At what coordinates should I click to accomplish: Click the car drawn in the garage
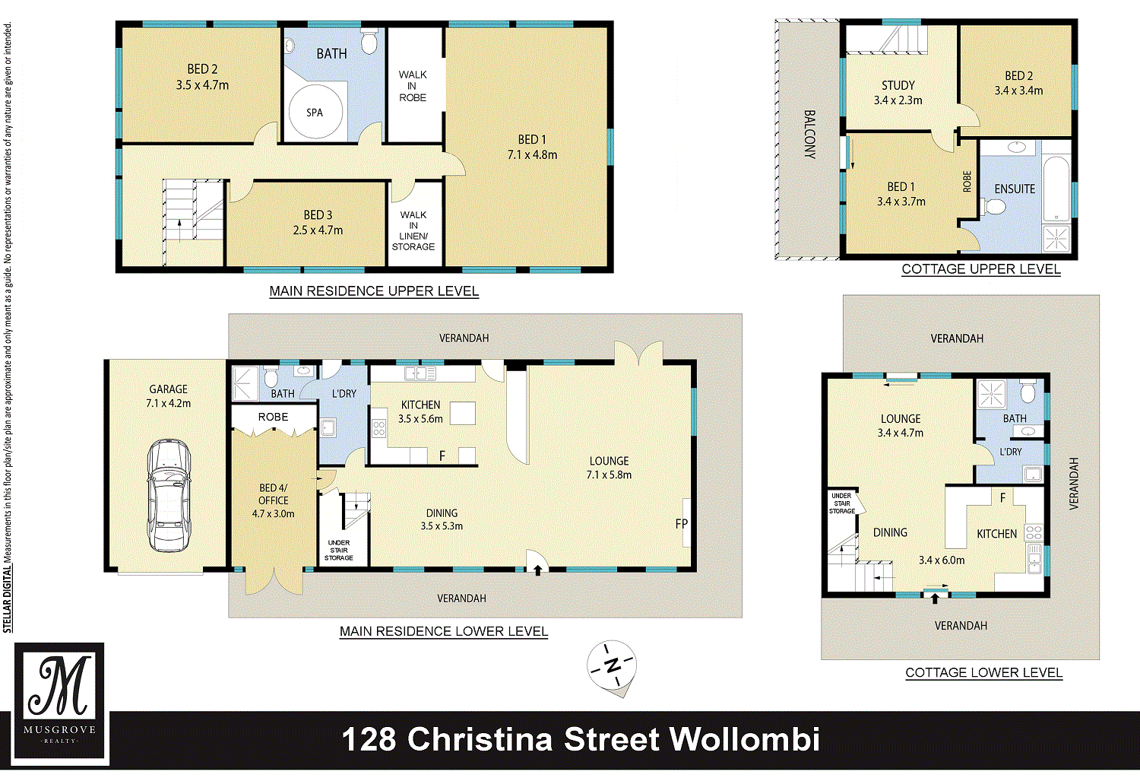169,494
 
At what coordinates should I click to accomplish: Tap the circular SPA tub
315,112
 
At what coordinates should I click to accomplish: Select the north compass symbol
612,666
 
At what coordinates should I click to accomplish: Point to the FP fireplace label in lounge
682,523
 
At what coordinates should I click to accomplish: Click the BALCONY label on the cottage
809,135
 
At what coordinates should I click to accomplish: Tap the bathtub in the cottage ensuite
1056,188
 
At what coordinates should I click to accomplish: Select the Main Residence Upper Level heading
374,290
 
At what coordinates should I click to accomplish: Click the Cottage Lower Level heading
983,672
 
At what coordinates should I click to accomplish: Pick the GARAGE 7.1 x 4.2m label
169,396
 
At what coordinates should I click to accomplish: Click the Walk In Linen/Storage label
413,230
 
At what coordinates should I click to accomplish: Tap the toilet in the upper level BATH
369,41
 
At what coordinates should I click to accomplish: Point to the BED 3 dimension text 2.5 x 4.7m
318,230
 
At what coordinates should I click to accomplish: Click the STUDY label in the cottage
898,85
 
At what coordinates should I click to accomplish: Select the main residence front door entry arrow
537,570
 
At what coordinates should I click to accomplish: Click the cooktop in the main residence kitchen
379,427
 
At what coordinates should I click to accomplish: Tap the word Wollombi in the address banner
744,739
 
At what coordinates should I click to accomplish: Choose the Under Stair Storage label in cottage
842,503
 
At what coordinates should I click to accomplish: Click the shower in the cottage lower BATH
991,394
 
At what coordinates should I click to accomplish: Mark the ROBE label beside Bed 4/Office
274,417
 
